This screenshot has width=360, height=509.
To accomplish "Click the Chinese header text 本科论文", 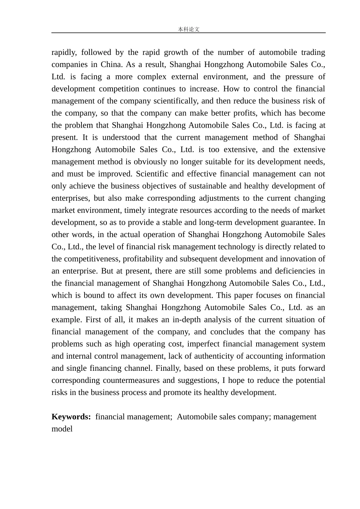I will [188, 29].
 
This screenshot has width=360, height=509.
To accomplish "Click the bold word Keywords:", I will [71, 417].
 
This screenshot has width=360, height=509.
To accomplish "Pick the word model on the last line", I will [62, 429].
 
